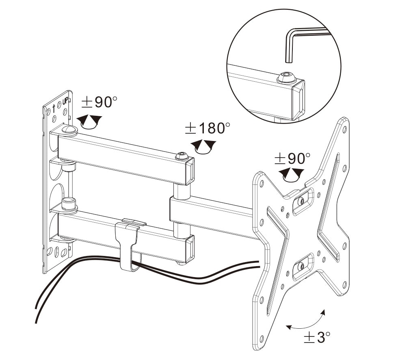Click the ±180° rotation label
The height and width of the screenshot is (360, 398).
[x=208, y=128]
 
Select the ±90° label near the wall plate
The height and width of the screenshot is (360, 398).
[x=99, y=102]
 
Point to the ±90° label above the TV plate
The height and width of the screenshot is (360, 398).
[x=292, y=158]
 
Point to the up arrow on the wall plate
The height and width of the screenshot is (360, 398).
[x=54, y=108]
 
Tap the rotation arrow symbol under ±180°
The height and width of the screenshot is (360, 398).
[x=203, y=147]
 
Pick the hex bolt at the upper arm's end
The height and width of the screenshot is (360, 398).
[x=182, y=156]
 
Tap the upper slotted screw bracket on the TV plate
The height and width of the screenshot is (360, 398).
[x=303, y=202]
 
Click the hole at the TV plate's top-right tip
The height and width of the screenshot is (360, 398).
[x=345, y=129]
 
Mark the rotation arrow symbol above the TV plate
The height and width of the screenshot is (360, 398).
[x=292, y=175]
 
